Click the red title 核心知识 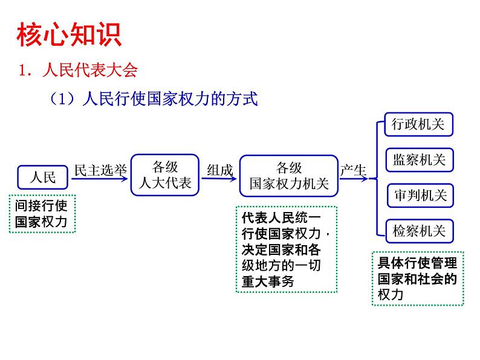pyautogui.click(x=68, y=35)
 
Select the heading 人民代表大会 pyautogui.click(x=90, y=71)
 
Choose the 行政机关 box pyautogui.click(x=418, y=125)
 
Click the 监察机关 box pyautogui.click(x=419, y=160)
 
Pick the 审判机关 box pyautogui.click(x=419, y=196)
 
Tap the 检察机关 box pyautogui.click(x=419, y=231)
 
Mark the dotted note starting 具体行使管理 pyautogui.click(x=417, y=278)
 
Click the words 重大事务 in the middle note pyautogui.click(x=267, y=281)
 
